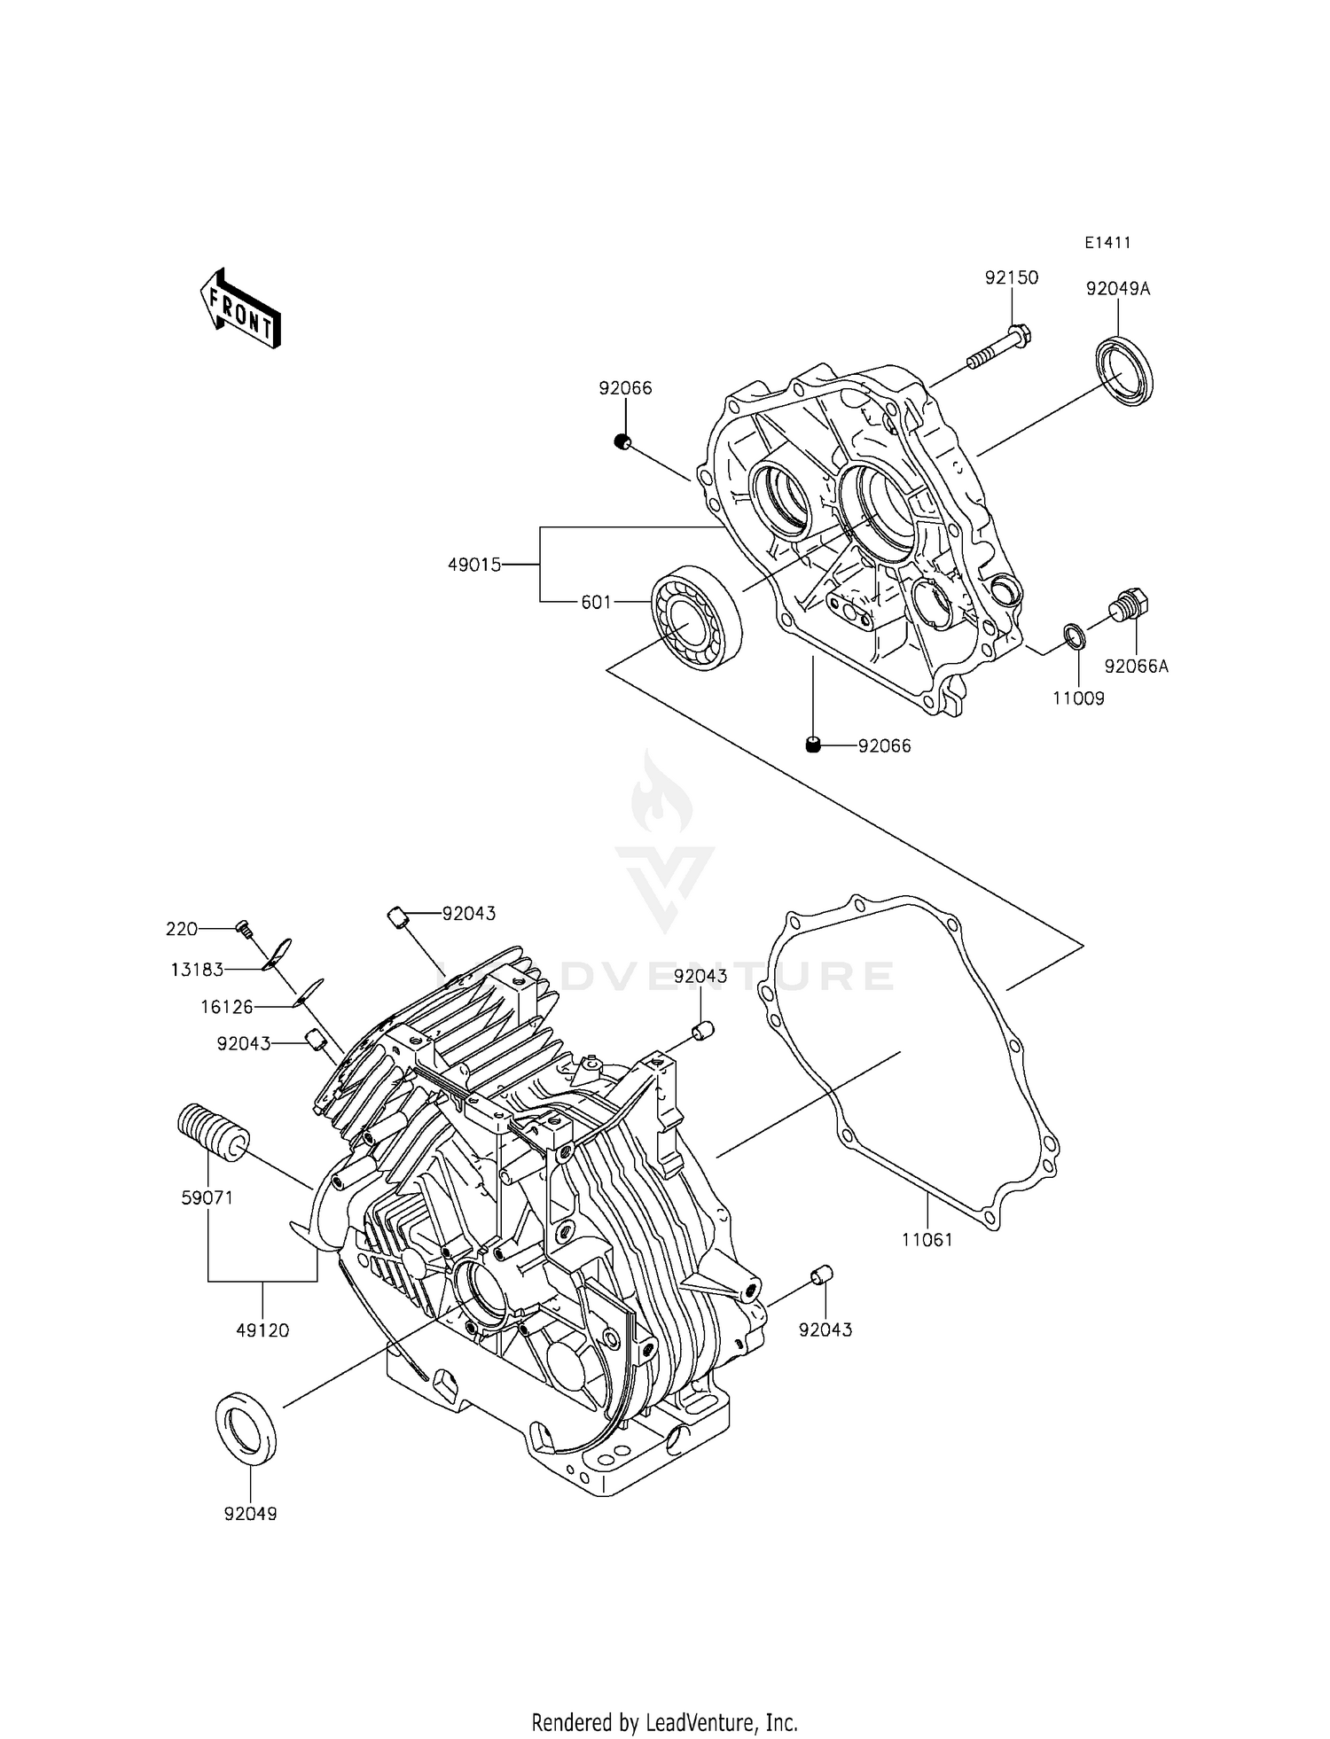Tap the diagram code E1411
[x=1107, y=243]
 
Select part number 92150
[x=1011, y=277]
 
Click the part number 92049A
[x=1118, y=289]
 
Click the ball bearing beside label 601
[x=697, y=616]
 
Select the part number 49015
[x=474, y=565]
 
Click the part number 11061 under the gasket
[x=927, y=1240]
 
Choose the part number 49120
[x=263, y=1330]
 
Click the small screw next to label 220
[x=244, y=928]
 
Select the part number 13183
[x=197, y=970]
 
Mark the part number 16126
[x=227, y=1007]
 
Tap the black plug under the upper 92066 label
[x=624, y=441]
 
